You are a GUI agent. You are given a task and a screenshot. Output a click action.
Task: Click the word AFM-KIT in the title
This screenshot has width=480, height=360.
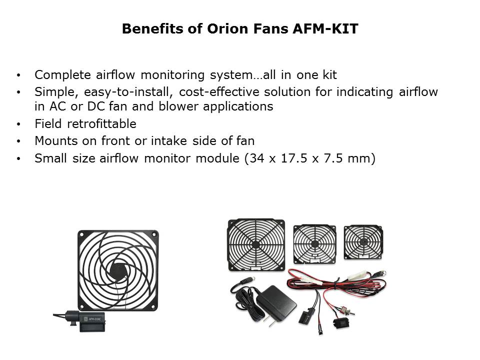pyautogui.click(x=325, y=29)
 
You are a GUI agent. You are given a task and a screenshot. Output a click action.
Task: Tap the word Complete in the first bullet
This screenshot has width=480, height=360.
pyautogui.click(x=63, y=75)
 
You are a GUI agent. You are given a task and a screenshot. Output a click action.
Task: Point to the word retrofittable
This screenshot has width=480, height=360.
pyautogui.click(x=101, y=123)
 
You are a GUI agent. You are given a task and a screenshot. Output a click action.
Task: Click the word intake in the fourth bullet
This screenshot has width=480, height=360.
pyautogui.click(x=168, y=141)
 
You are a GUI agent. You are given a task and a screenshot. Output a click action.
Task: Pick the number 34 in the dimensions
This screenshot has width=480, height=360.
pyautogui.click(x=257, y=158)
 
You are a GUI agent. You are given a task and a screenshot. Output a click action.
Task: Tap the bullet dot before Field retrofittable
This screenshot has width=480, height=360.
pyautogui.click(x=18, y=124)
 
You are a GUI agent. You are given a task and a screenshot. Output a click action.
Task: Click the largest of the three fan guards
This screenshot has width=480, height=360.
pyautogui.click(x=256, y=244)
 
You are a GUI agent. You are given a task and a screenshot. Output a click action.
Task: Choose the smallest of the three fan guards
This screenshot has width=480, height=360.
pyautogui.click(x=363, y=242)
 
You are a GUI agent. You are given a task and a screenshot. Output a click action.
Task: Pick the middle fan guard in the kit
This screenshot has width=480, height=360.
pyautogui.click(x=314, y=244)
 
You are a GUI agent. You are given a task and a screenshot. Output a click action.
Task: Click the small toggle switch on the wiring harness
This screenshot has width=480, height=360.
pyautogui.click(x=347, y=311)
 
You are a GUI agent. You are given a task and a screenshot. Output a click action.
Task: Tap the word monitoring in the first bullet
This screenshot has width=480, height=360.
pyautogui.click(x=172, y=75)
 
